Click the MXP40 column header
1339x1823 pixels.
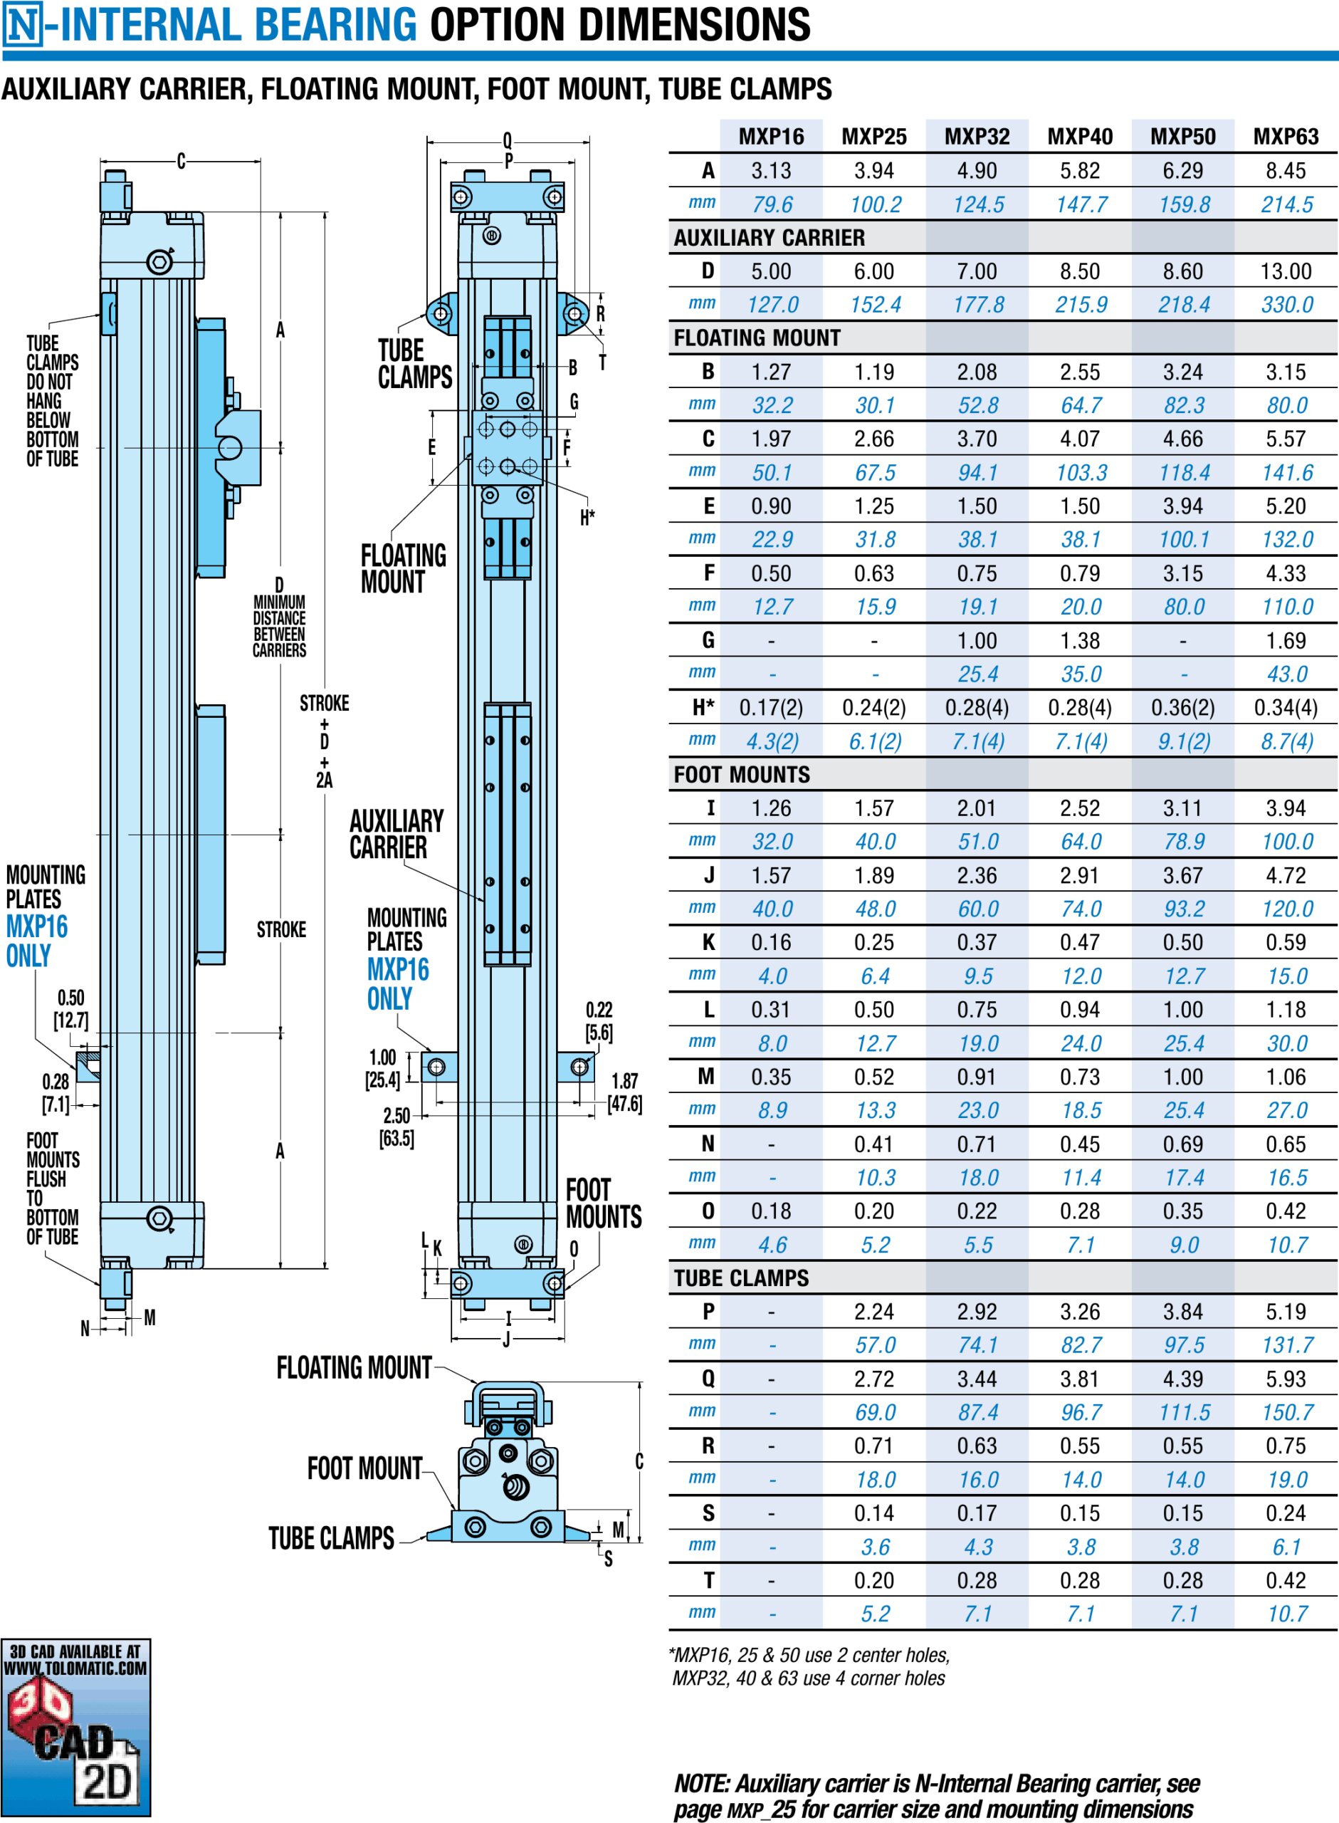(x=1080, y=136)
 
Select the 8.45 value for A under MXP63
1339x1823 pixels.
(x=1286, y=171)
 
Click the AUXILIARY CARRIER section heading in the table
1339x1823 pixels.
(x=770, y=238)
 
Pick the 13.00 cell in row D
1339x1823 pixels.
(x=1286, y=271)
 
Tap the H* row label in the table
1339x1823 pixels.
(x=703, y=708)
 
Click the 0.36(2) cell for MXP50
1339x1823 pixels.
(x=1182, y=708)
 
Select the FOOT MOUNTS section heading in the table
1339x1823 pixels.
(x=742, y=775)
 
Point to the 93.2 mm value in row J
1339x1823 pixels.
(x=1183, y=909)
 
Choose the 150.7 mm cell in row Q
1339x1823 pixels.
(x=1287, y=1412)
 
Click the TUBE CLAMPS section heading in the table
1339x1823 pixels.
(x=741, y=1278)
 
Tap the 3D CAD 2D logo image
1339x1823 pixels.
(x=75, y=1727)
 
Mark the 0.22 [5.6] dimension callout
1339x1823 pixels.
(x=599, y=1021)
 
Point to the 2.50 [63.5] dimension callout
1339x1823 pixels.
(x=397, y=1127)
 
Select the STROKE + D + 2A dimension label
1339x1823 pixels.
(x=324, y=741)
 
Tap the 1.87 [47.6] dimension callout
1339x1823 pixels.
(x=625, y=1092)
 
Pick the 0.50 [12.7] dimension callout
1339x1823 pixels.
(x=70, y=1008)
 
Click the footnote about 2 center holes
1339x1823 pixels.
(x=808, y=1666)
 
